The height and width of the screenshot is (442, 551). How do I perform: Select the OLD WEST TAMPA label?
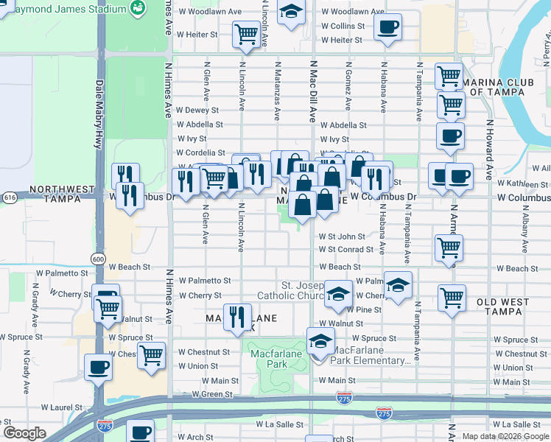pyautogui.click(x=508, y=302)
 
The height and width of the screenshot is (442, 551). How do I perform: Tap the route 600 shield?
pyautogui.click(x=98, y=259)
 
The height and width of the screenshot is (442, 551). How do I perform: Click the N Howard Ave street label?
pyautogui.click(x=488, y=150)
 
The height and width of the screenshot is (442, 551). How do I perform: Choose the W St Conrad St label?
pyautogui.click(x=346, y=250)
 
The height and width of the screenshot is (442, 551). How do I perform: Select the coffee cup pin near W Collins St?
pyautogui.click(x=387, y=28)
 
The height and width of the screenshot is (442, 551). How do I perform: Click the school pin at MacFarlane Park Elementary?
pyautogui.click(x=320, y=342)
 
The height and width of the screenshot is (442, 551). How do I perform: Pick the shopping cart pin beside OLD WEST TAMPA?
pyautogui.click(x=452, y=298)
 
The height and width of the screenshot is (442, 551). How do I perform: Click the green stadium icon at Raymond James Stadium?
pyautogui.click(x=137, y=8)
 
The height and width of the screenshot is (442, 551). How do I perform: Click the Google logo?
pyautogui.click(x=24, y=433)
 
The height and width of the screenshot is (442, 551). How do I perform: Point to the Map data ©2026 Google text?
pyautogui.click(x=505, y=436)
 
